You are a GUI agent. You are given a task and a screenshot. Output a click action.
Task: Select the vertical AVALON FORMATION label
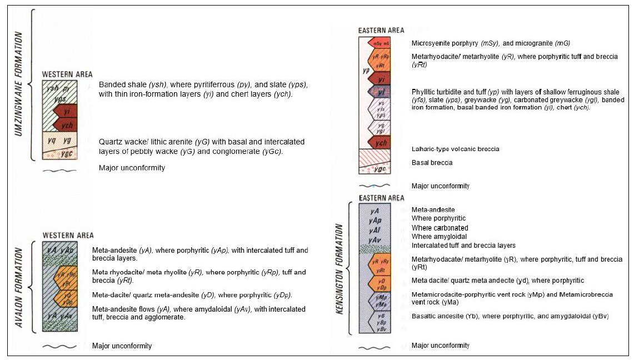(x=19, y=289)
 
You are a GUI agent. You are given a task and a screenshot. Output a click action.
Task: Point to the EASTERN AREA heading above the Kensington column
(x=381, y=198)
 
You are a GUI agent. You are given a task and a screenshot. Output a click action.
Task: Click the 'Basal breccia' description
(x=432, y=163)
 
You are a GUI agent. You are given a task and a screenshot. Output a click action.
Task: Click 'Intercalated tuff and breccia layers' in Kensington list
(x=463, y=246)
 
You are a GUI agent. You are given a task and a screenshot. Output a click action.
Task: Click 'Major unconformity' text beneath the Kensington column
(x=440, y=346)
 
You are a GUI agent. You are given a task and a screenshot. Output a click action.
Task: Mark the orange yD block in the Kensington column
(x=381, y=283)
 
